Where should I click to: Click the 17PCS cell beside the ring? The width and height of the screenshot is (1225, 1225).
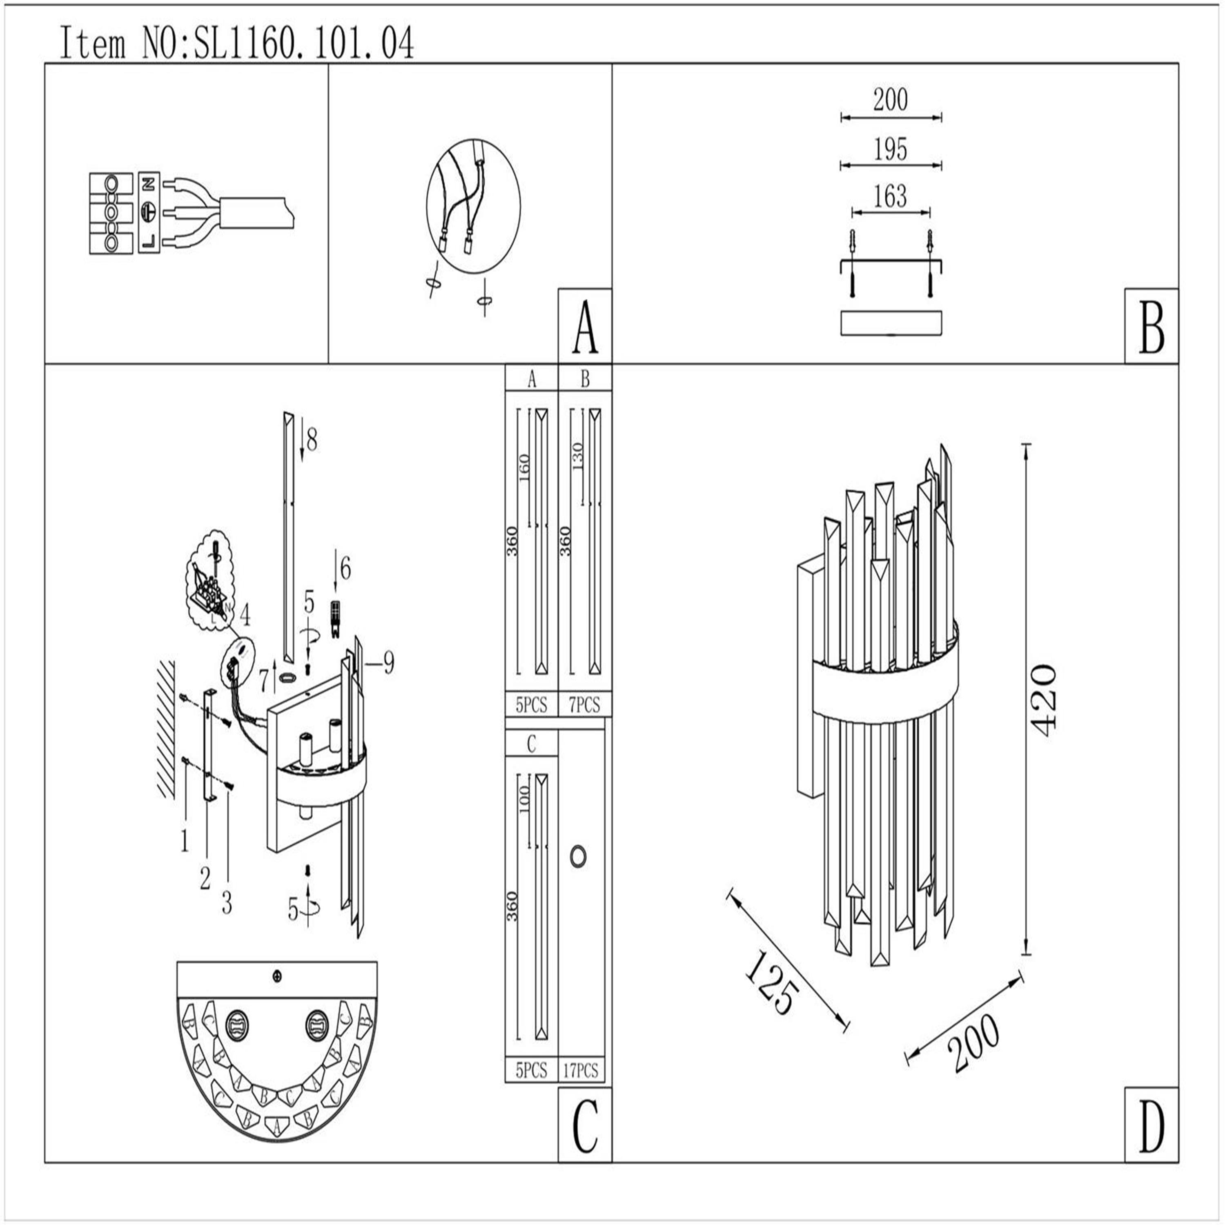tap(581, 1071)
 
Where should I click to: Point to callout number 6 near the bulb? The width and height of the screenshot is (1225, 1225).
tap(345, 569)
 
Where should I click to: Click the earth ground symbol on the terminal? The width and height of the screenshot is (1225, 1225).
tap(148, 211)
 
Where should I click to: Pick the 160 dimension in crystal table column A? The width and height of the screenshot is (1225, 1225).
tap(524, 467)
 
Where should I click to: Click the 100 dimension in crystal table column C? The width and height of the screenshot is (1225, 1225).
tap(524, 800)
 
